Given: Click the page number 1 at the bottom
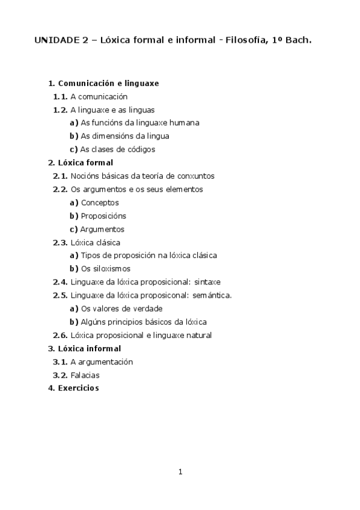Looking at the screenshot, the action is coord(180,472).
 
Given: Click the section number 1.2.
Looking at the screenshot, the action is coord(60,109).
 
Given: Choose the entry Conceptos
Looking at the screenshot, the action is coord(100,203).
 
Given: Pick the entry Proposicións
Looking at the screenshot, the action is coord(103,216).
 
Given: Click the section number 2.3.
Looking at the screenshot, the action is coord(60,242).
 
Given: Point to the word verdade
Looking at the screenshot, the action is coord(148,309).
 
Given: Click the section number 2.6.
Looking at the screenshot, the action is coord(60,335).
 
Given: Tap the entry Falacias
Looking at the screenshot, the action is coord(85,375).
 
